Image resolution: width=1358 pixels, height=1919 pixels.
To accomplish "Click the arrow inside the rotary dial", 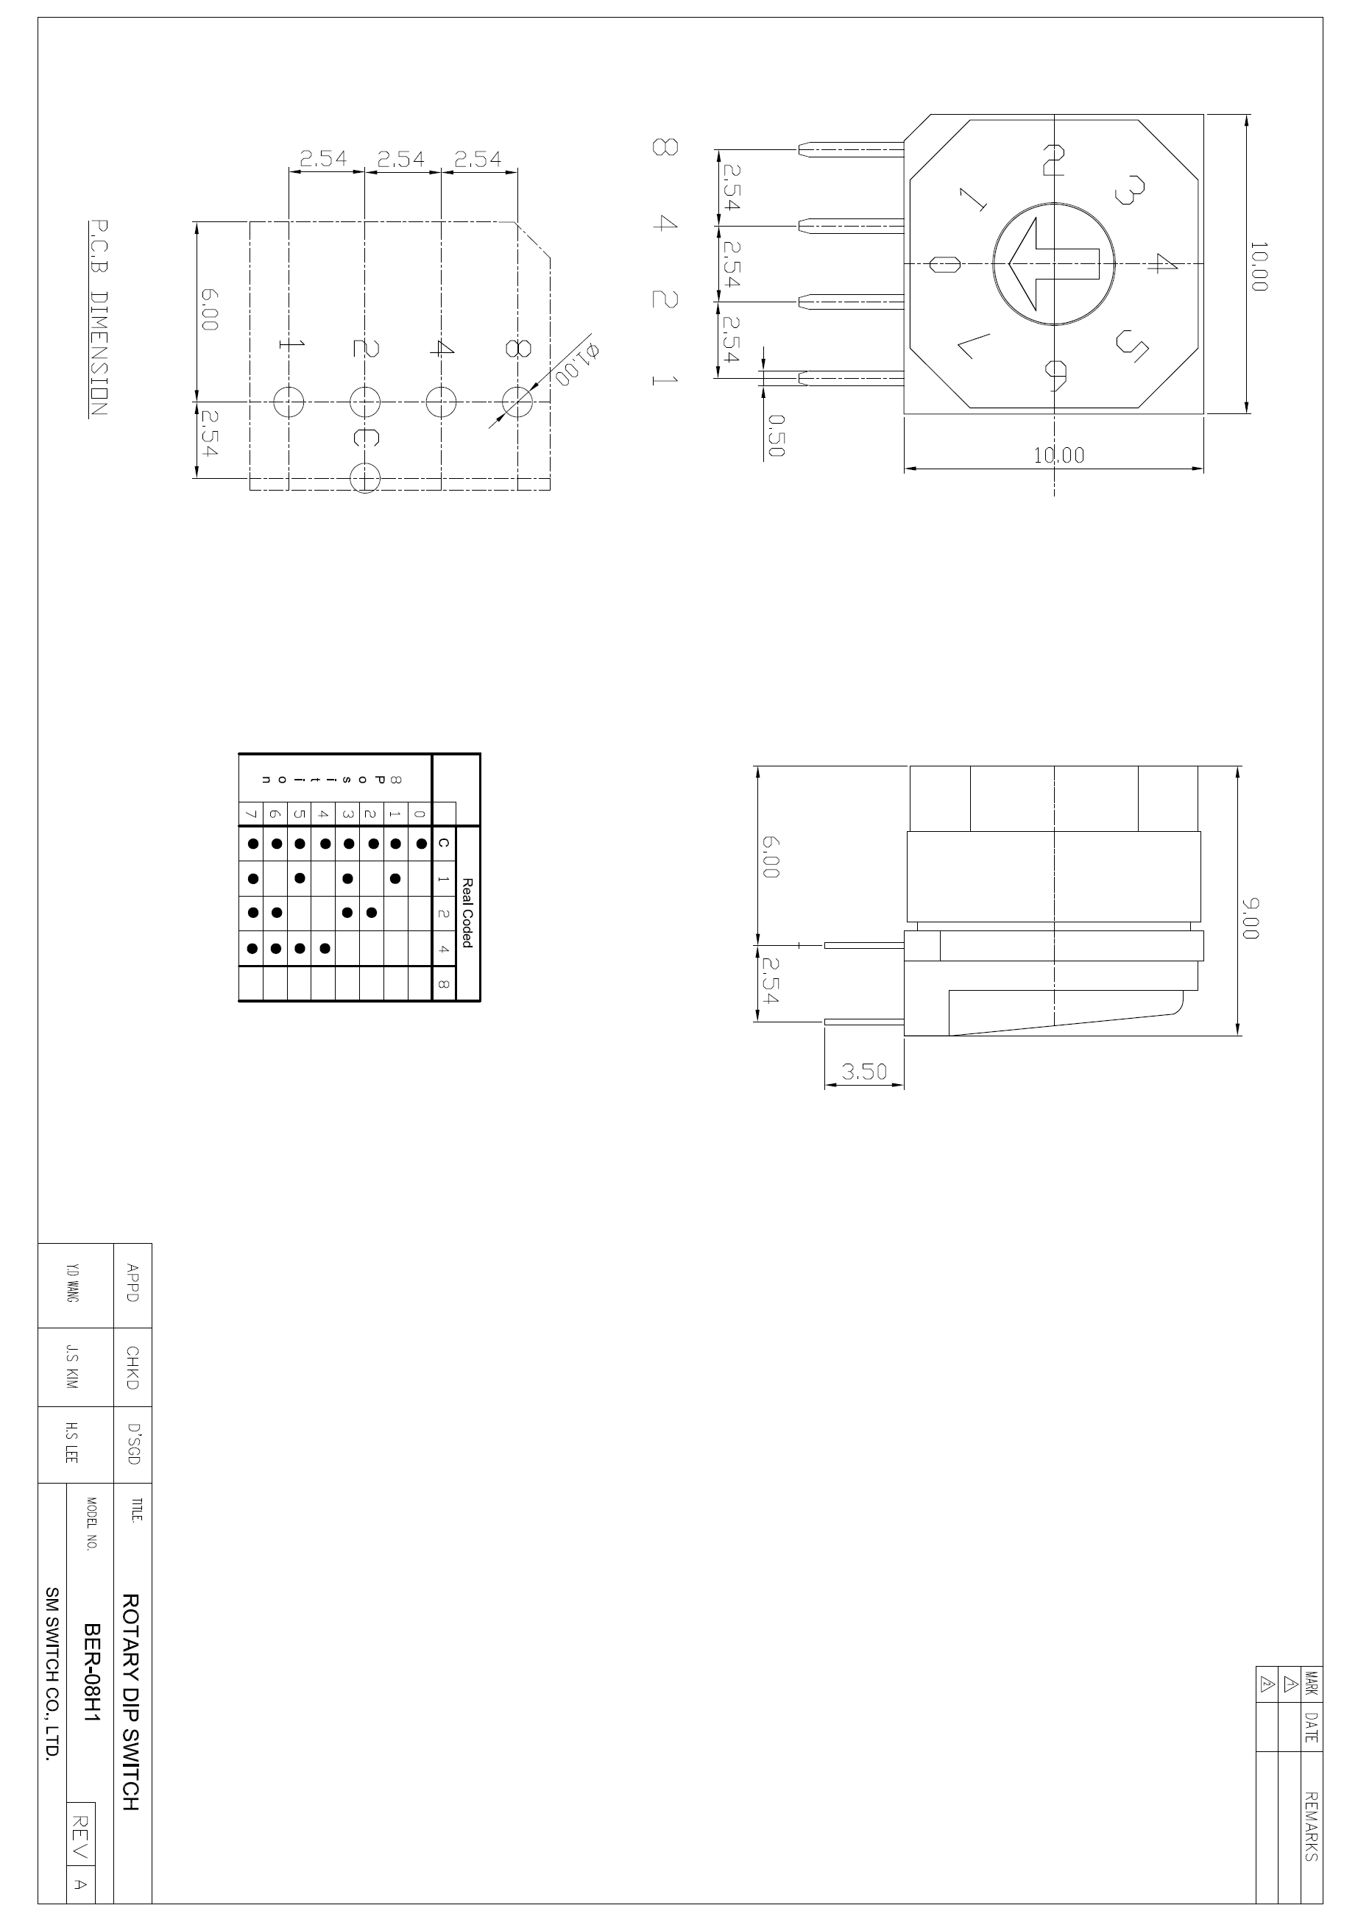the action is [1053, 264].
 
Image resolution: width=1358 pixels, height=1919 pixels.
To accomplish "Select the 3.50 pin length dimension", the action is [864, 1072].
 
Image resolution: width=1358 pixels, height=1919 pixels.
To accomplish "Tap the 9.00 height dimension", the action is [1252, 919].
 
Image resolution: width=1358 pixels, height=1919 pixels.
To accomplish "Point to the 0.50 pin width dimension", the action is [775, 435].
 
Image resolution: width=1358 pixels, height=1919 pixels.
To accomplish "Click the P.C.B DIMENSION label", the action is [98, 318].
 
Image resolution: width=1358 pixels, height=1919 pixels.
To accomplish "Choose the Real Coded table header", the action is [467, 913].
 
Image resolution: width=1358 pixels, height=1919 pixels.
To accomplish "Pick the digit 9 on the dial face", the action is [1055, 374].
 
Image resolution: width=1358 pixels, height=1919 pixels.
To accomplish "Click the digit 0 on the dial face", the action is [944, 265].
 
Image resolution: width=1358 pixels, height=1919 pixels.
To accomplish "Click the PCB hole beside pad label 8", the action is [517, 402].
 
